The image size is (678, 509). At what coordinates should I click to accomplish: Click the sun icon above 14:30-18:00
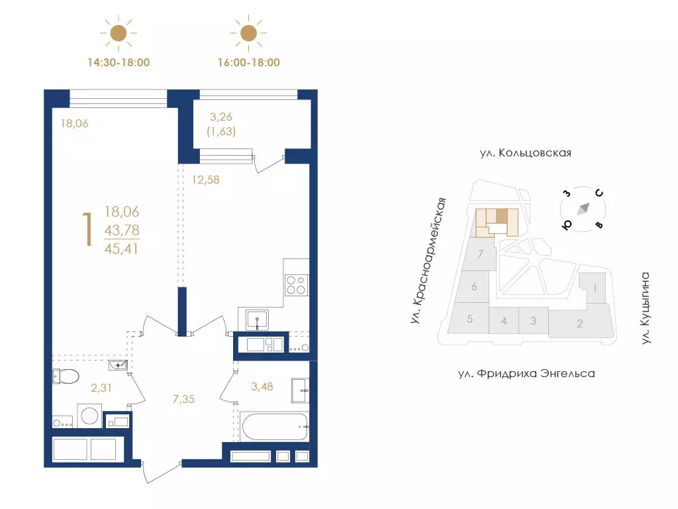pyautogui.click(x=119, y=33)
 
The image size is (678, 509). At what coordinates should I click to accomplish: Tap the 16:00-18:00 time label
pyautogui.click(x=249, y=62)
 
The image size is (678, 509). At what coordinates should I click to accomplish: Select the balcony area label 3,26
pyautogui.click(x=221, y=117)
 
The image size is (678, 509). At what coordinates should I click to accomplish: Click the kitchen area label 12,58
pyautogui.click(x=206, y=180)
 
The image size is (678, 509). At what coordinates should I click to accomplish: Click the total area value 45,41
pyautogui.click(x=122, y=249)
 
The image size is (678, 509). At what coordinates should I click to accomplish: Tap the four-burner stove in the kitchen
pyautogui.click(x=296, y=285)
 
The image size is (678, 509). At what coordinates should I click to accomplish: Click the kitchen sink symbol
pyautogui.click(x=258, y=320)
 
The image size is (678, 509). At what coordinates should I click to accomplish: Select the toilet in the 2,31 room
pyautogui.click(x=66, y=376)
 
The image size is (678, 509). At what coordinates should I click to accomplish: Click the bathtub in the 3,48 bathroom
pyautogui.click(x=275, y=427)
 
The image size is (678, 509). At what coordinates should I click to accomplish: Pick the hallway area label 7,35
pyautogui.click(x=183, y=399)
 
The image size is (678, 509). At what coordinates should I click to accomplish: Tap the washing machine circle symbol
pyautogui.click(x=89, y=416)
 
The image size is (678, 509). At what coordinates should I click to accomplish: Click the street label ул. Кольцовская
pyautogui.click(x=525, y=153)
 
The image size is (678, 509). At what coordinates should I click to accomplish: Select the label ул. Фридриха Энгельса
pyautogui.click(x=526, y=374)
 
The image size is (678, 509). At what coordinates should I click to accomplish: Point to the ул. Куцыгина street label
pyautogui.click(x=645, y=308)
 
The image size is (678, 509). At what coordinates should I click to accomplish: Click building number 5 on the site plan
pyautogui.click(x=470, y=319)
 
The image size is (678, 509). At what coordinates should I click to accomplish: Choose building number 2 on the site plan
pyautogui.click(x=580, y=323)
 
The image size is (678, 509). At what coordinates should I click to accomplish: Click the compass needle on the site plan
pyautogui.click(x=583, y=209)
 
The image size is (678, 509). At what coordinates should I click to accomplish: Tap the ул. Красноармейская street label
pyautogui.click(x=427, y=261)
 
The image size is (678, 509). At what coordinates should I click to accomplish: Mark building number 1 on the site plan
pyautogui.click(x=595, y=288)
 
